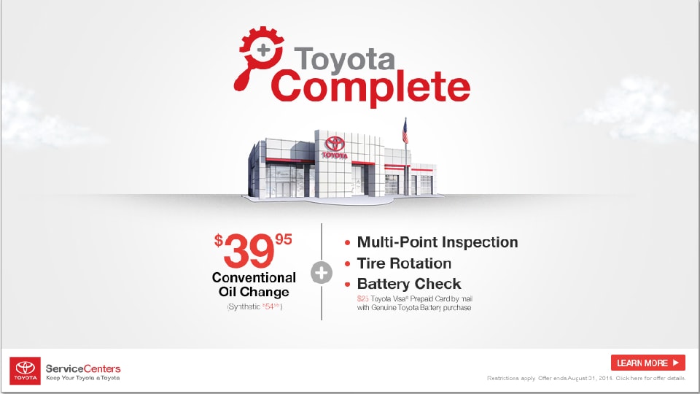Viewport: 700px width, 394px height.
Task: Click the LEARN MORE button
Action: point(647,363)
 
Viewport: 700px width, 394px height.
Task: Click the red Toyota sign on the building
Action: point(335,145)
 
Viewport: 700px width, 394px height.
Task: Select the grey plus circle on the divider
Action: point(322,274)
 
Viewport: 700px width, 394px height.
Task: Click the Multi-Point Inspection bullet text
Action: point(437,242)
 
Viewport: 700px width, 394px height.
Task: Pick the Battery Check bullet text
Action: point(408,284)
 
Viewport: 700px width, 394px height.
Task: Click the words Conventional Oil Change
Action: point(254,285)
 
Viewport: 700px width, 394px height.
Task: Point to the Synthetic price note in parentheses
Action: point(254,307)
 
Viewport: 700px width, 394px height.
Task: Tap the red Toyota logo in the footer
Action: point(25,370)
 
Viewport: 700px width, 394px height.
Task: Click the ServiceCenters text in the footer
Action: point(83,368)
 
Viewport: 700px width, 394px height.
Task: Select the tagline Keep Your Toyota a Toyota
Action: point(82,378)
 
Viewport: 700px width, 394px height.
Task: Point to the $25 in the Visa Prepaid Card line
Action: point(362,298)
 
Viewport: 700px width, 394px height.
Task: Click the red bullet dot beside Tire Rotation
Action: point(347,264)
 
